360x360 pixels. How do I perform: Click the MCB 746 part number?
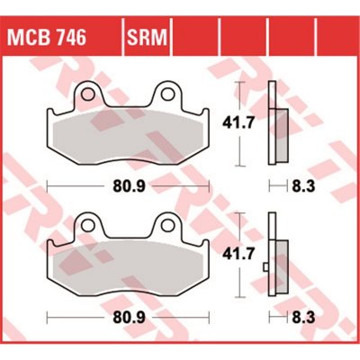(47, 37)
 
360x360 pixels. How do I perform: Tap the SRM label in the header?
(147, 37)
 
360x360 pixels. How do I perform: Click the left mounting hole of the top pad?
(87, 94)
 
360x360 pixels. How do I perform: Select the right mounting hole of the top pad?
(166, 94)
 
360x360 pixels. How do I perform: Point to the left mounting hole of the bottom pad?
(87, 225)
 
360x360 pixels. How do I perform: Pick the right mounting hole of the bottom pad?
(166, 225)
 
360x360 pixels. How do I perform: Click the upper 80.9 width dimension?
(129, 186)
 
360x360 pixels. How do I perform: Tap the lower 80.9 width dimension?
(129, 318)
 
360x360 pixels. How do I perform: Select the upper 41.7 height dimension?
(238, 123)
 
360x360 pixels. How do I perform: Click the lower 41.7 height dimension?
(238, 255)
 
